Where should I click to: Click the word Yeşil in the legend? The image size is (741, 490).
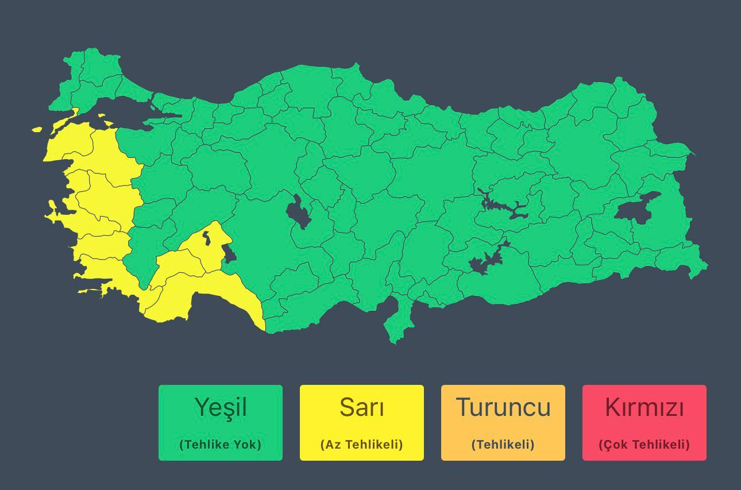click(x=221, y=407)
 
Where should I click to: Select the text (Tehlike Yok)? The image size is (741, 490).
click(x=221, y=444)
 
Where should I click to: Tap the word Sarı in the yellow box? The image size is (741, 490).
click(x=362, y=407)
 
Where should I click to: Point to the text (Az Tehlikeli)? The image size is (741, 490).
click(x=362, y=444)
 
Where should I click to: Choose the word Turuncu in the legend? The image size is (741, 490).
click(x=503, y=407)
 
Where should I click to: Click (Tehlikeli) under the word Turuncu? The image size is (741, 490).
click(x=503, y=444)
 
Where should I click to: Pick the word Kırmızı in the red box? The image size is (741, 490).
click(x=644, y=407)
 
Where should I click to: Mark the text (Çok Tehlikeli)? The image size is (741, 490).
click(x=644, y=444)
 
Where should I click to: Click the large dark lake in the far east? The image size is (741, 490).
click(x=636, y=208)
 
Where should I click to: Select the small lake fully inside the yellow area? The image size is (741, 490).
click(x=206, y=237)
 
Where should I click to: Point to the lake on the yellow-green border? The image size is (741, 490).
click(x=229, y=253)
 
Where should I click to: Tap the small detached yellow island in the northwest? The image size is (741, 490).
click(x=37, y=130)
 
